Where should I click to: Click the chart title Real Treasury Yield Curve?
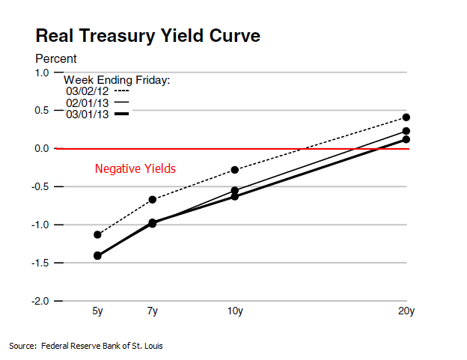(x=148, y=36)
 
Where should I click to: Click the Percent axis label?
(x=56, y=58)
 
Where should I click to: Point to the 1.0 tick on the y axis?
(x=41, y=73)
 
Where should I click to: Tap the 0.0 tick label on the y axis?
(x=41, y=149)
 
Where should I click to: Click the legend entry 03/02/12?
(x=88, y=91)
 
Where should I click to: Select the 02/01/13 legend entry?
(x=88, y=102)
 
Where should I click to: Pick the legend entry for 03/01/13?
(x=88, y=114)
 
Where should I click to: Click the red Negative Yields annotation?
(x=135, y=169)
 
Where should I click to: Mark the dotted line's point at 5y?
(x=97, y=235)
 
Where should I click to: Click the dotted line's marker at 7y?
(x=153, y=200)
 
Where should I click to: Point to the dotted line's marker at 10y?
(x=235, y=170)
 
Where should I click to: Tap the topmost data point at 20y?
(x=406, y=118)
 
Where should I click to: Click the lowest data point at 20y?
(x=406, y=139)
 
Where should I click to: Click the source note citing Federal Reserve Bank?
(x=86, y=346)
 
